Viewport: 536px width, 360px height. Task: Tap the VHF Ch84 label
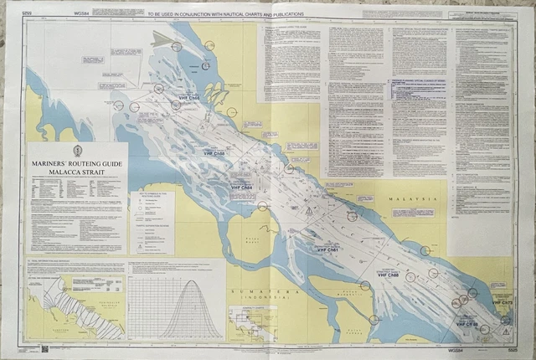pyautogui.click(x=240, y=188)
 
